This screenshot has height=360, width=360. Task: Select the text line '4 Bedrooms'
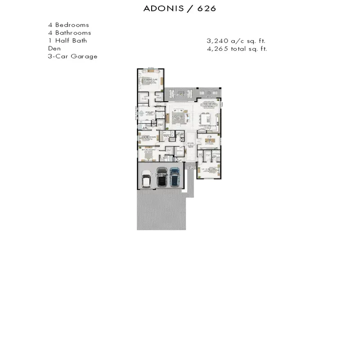pos(68,25)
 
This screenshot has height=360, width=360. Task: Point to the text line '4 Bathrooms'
pos(69,33)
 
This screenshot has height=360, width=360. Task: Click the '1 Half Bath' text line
pos(67,40)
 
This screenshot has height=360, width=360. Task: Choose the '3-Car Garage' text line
pos(72,56)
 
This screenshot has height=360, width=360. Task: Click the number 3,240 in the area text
pos(217,40)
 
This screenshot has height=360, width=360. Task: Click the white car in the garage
pos(146,178)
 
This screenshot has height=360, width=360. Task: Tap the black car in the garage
pos(161,177)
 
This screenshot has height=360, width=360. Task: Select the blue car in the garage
pos(174,177)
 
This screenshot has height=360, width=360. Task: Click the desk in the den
pos(209,141)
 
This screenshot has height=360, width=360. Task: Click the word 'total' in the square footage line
pos(238,49)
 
